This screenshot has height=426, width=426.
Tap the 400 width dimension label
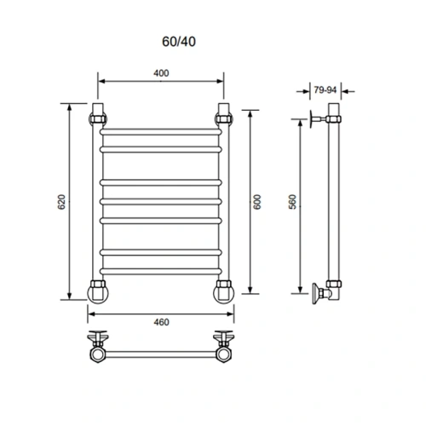point(161,73)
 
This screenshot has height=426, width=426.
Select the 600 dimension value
point(258,202)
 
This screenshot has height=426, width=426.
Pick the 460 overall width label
point(161,321)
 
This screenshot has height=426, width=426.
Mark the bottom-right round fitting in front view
point(225,291)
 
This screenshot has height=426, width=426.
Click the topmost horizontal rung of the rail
point(162,131)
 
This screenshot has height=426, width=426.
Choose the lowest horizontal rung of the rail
point(162,271)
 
